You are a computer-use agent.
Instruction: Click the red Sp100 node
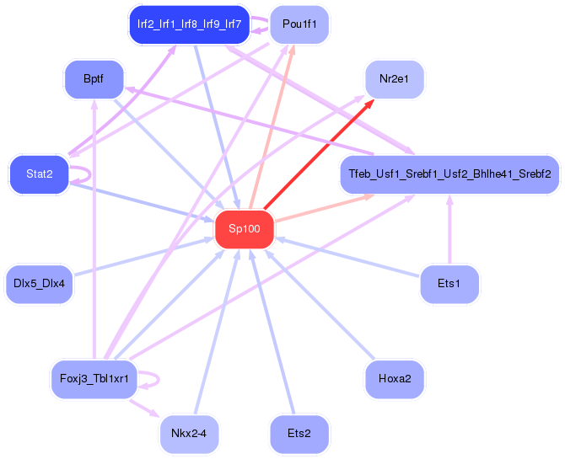coord(245,229)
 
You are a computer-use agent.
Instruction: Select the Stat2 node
coord(40,174)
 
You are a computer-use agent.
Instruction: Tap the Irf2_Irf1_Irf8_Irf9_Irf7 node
coord(189,24)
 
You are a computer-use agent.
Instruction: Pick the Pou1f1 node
coord(299,24)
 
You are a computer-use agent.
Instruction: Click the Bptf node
coord(94,79)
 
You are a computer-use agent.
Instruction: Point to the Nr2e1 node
coord(395,79)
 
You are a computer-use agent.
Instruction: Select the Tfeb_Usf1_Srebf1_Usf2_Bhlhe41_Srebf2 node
coord(449,174)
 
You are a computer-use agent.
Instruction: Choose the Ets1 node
coord(449,284)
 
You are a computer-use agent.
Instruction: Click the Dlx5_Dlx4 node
coord(40,284)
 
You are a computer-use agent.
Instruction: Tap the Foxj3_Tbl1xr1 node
coord(94,379)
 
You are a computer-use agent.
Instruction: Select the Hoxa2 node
coord(395,379)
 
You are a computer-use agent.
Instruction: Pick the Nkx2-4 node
coord(189,434)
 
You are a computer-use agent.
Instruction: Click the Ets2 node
coord(299,434)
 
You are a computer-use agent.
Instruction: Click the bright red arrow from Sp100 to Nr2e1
coord(320,154)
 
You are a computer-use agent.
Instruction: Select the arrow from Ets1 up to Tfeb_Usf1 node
coord(449,229)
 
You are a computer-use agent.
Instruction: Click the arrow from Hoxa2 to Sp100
coord(320,305)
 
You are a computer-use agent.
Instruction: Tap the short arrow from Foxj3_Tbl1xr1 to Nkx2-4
coord(144,408)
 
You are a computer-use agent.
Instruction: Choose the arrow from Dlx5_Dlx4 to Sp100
coord(144,256)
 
